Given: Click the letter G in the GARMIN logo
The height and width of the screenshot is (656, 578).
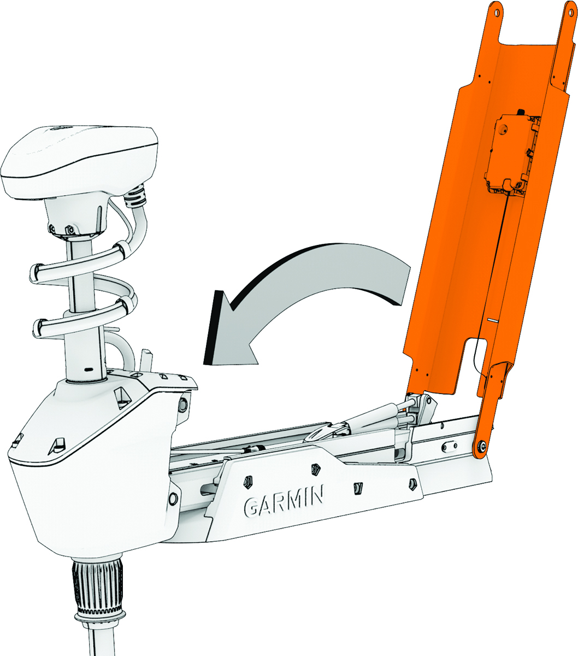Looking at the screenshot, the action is point(251,507).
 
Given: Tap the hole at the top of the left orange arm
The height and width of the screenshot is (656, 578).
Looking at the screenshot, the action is point(497,11).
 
